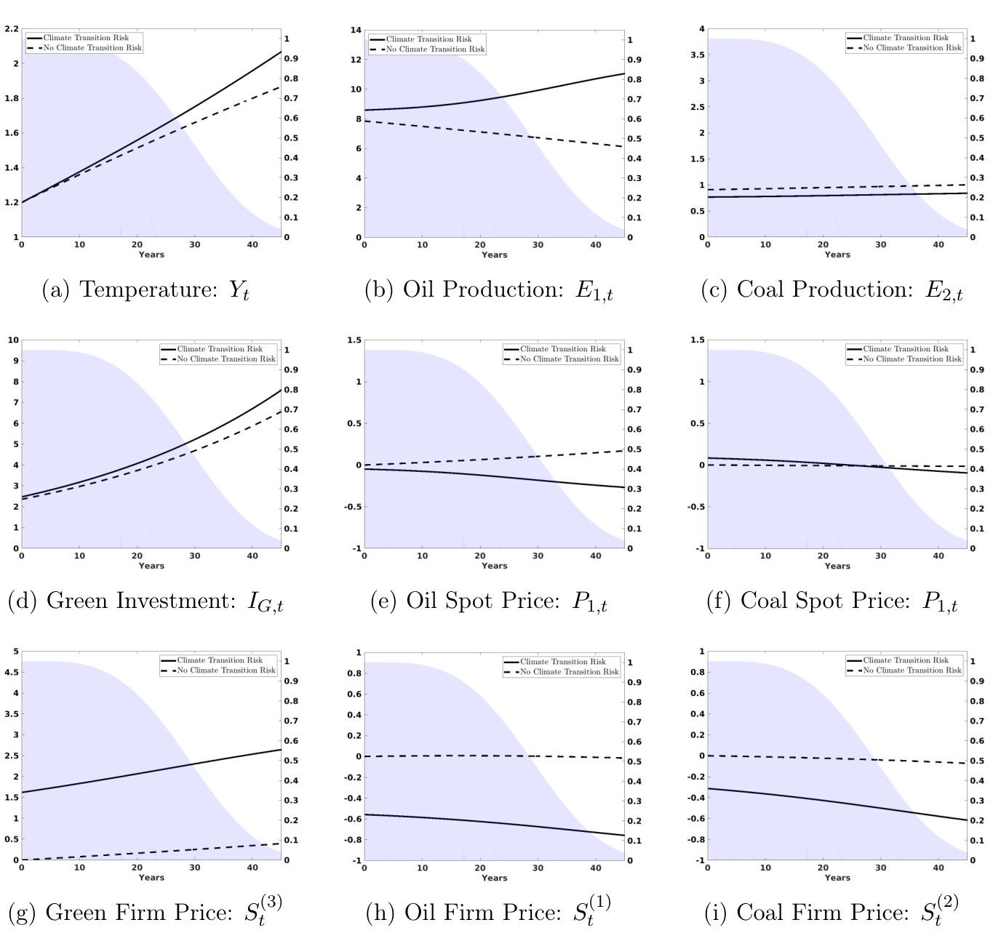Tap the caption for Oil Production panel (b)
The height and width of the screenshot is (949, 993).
pyautogui.click(x=488, y=290)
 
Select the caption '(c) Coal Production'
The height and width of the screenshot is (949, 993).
pyautogui.click(x=831, y=290)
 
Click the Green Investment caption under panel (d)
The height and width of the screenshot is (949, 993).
pyautogui.click(x=145, y=601)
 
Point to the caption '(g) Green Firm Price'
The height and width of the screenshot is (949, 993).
pyautogui.click(x=145, y=912)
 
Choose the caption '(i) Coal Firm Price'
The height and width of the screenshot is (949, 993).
pyautogui.click(x=831, y=912)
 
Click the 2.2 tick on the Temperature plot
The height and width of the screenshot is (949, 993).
pyautogui.click(x=11, y=29)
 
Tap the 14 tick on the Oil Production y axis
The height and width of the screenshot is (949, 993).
pyautogui.click(x=356, y=31)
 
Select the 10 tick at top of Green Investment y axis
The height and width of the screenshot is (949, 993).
pyautogui.click(x=11, y=340)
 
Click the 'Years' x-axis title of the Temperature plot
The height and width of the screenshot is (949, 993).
pyautogui.click(x=151, y=255)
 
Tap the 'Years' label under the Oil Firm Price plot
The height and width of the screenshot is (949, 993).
pyautogui.click(x=494, y=878)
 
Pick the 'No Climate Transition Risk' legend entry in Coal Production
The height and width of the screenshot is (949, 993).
pyautogui.click(x=912, y=48)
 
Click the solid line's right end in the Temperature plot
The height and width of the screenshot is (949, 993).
pyautogui.click(x=281, y=52)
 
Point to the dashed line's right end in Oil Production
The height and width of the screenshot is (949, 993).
pyautogui.click(x=623, y=147)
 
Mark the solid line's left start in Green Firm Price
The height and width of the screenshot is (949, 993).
pyautogui.click(x=22, y=792)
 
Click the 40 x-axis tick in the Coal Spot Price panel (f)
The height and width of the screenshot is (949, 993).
pyautogui.click(x=938, y=556)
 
